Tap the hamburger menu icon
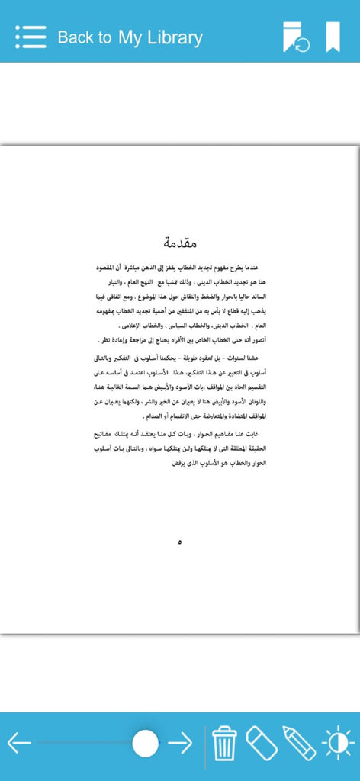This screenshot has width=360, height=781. pos(31,37)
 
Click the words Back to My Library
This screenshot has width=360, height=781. pos(130,37)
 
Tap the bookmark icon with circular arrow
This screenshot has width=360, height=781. pos(296,37)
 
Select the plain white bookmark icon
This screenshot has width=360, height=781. pos(333,37)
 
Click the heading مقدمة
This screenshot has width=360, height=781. pos(181,243)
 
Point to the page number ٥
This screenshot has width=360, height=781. pos(180,542)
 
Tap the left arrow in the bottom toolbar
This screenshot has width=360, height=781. pos(19,742)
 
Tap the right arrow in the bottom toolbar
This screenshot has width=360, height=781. pos(180,742)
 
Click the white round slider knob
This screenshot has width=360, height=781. pos(145,743)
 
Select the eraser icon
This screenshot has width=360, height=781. pos(262,743)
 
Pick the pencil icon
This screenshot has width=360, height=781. pos(299,743)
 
